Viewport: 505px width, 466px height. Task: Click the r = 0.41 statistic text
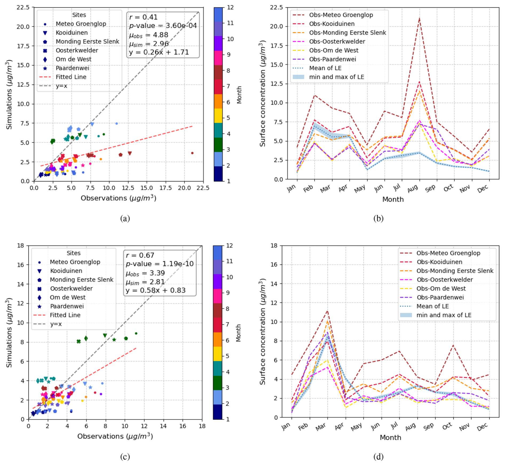(x=143, y=17)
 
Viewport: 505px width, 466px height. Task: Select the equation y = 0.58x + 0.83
(x=155, y=290)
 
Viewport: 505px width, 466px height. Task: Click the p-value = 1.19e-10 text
(x=160, y=264)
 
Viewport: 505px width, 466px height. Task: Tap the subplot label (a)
(x=125, y=218)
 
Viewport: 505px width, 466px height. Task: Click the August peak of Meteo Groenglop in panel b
(x=419, y=18)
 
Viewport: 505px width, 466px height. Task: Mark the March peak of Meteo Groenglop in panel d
(x=328, y=311)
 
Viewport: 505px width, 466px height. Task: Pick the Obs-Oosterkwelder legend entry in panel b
(x=337, y=41)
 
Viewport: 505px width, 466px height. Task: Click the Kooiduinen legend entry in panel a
(x=72, y=33)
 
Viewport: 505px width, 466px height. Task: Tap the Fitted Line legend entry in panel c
(x=65, y=315)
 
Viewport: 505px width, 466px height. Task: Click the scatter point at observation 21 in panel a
(x=192, y=153)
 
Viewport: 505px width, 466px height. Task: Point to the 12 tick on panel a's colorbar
(x=230, y=7)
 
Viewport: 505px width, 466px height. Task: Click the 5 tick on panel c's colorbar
(x=227, y=356)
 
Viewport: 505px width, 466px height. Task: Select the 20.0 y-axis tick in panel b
(x=277, y=26)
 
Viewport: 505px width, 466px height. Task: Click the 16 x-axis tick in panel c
(x=183, y=426)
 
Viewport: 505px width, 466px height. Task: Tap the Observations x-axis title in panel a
(x=118, y=198)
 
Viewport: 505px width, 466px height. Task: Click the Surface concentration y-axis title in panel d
(x=263, y=331)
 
